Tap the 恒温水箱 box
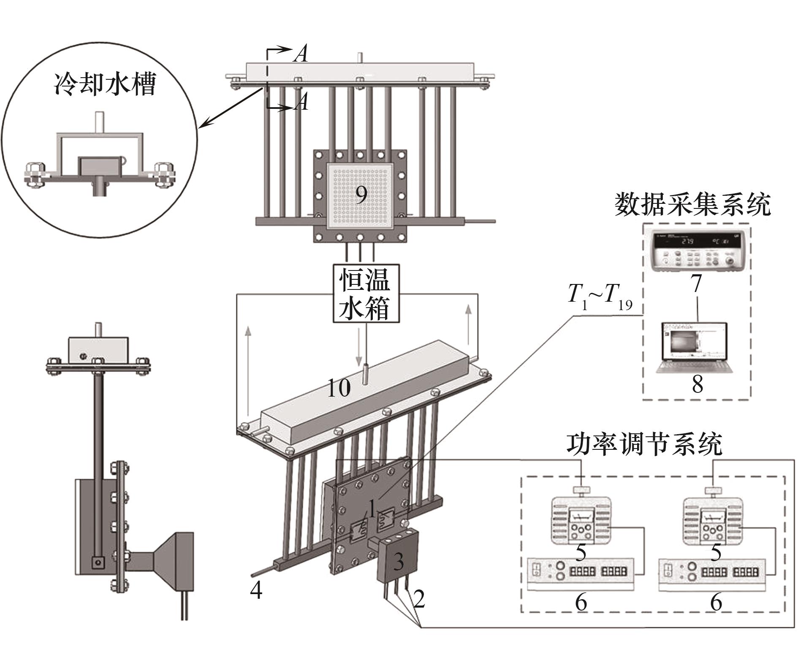pyautogui.click(x=364, y=293)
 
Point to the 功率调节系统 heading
pyautogui.click(x=644, y=444)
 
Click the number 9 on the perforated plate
pyautogui.click(x=361, y=195)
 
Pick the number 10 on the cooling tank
pyautogui.click(x=339, y=387)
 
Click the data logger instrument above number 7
pyautogui.click(x=697, y=252)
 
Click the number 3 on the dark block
pyautogui.click(x=398, y=562)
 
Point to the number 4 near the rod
pyautogui.click(x=256, y=591)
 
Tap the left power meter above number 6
pyautogui.click(x=581, y=574)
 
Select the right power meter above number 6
pyautogui.click(x=712, y=574)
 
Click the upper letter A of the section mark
pyautogui.click(x=301, y=54)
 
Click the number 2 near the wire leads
pyautogui.click(x=418, y=600)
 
